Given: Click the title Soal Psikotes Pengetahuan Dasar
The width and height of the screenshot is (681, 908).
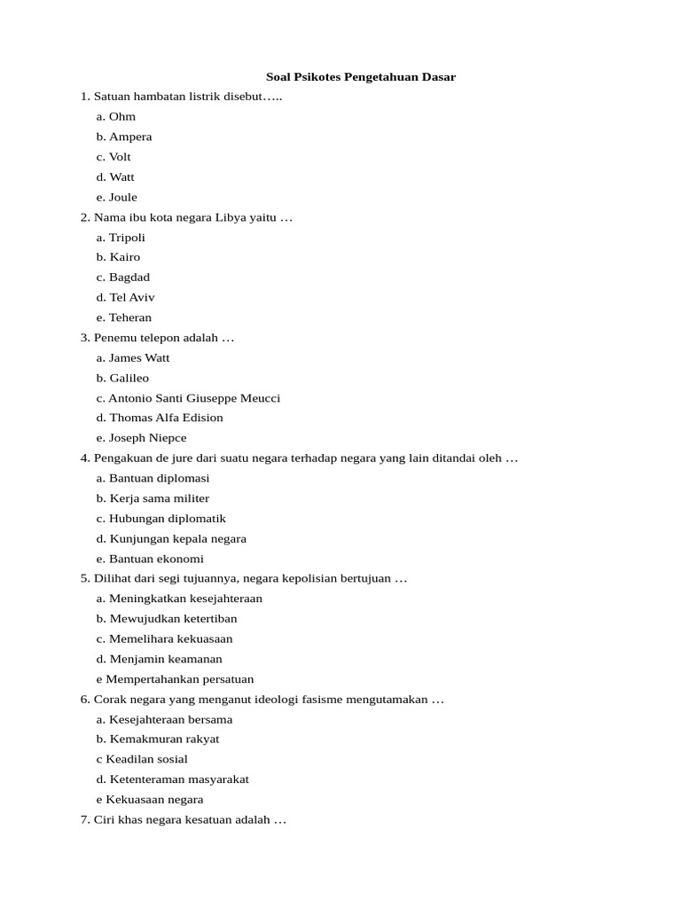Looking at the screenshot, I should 361,77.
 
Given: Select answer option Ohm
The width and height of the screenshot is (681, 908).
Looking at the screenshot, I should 121,117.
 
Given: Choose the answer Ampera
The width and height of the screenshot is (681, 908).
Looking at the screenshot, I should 130,137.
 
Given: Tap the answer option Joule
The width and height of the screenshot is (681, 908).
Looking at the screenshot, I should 122,197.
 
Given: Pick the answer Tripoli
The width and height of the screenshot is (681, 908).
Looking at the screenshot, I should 127,238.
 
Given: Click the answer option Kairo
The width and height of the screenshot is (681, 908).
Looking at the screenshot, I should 124,257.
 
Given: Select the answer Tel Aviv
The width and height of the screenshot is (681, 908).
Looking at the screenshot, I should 131,298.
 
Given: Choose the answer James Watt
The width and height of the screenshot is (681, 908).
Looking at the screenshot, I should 139,358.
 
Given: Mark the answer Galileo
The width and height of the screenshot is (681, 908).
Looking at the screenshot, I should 129,379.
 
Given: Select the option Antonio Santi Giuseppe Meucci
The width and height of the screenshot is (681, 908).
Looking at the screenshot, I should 194,398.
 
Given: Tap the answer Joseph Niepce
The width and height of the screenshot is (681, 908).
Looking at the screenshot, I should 147,438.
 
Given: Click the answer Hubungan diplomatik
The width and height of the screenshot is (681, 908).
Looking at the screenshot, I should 168,519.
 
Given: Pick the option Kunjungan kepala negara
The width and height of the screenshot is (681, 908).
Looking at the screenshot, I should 177,539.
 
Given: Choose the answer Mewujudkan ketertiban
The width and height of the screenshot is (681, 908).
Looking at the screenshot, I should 173,619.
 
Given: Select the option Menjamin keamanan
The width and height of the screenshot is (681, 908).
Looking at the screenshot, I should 166,659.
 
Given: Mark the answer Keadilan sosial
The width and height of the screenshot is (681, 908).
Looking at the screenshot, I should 146,760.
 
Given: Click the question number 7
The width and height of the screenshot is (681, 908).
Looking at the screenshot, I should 84,820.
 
